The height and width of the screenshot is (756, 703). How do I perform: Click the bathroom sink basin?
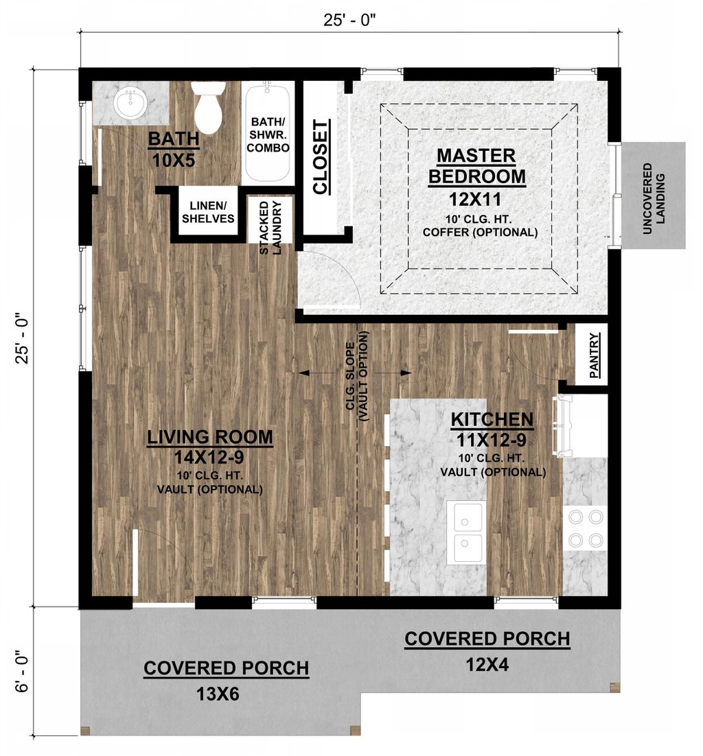[x=130, y=104]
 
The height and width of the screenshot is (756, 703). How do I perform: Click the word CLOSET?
[x=321, y=157]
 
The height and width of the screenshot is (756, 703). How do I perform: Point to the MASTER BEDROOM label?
[x=477, y=165]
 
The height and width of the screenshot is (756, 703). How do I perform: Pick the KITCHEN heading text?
[x=492, y=419]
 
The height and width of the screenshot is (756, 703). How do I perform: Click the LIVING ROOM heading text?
[x=211, y=437]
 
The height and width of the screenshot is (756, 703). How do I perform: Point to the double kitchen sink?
[x=466, y=532]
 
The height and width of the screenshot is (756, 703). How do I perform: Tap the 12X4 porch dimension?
[x=487, y=664]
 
